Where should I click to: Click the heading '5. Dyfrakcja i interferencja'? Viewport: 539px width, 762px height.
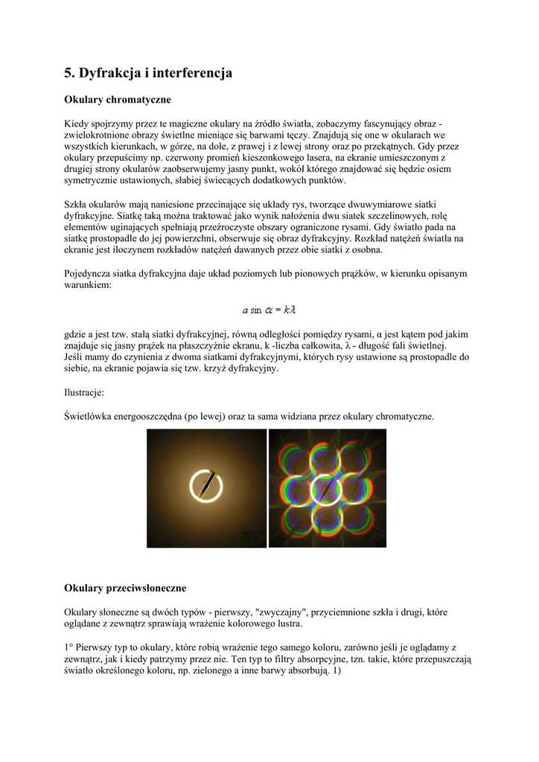coord(148,73)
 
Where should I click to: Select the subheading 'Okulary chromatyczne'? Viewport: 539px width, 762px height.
coord(118,99)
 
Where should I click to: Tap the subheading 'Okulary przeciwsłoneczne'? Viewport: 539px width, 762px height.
coord(125,589)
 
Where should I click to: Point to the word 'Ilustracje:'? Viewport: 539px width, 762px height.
coord(84,391)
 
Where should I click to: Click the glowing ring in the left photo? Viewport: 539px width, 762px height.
coord(206,489)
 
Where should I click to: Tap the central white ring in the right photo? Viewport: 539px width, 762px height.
coord(328,489)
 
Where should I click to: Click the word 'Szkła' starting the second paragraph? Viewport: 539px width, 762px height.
coord(76,204)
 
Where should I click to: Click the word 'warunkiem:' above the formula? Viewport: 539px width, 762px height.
coord(87,285)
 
